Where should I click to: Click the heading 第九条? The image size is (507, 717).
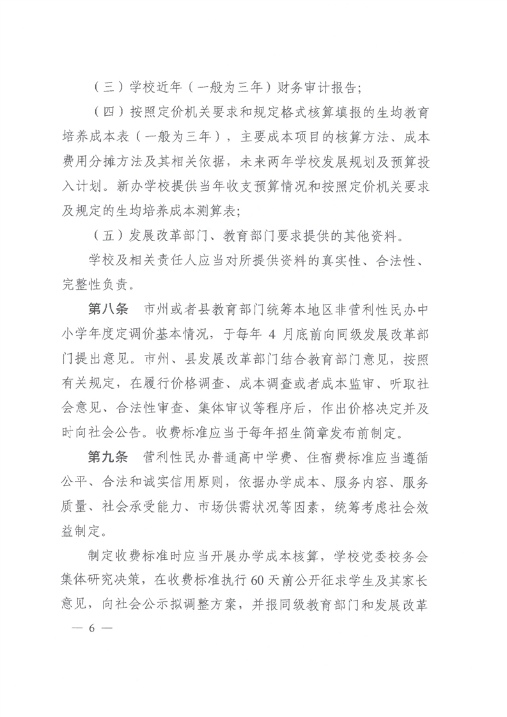(x=107, y=457)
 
